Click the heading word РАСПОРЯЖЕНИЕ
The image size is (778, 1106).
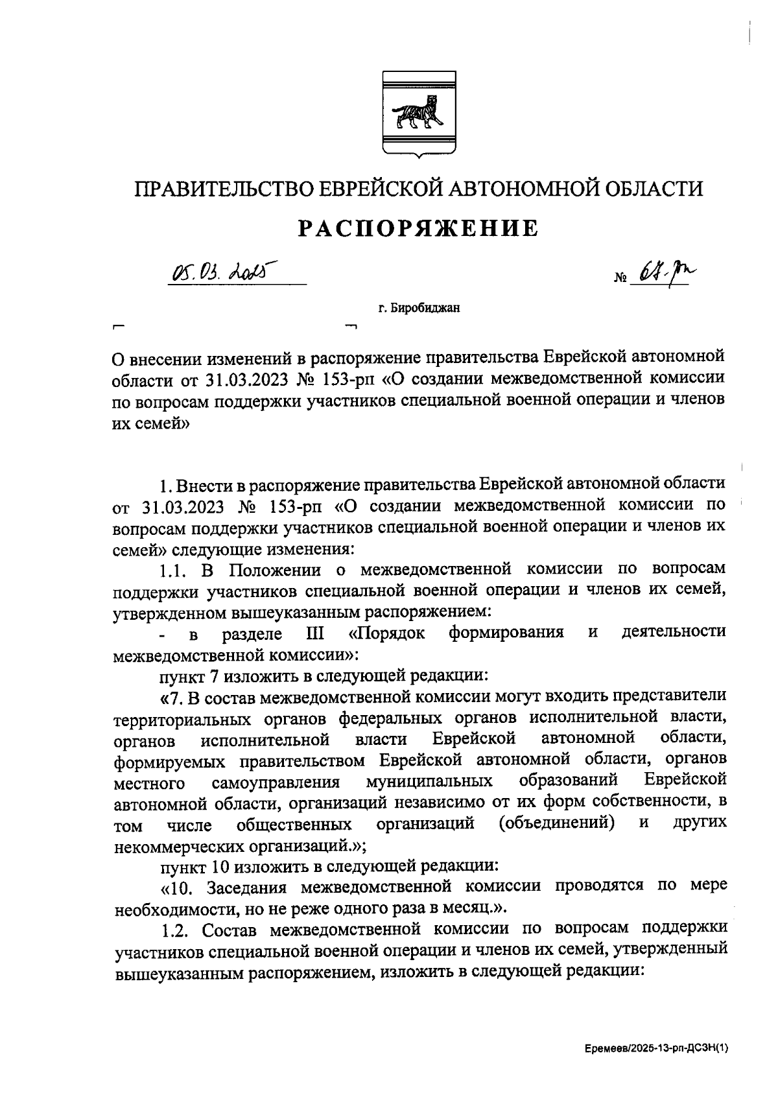pos(418,228)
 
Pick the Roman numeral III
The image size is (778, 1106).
pos(314,632)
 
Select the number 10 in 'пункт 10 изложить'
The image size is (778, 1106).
pos(222,865)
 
